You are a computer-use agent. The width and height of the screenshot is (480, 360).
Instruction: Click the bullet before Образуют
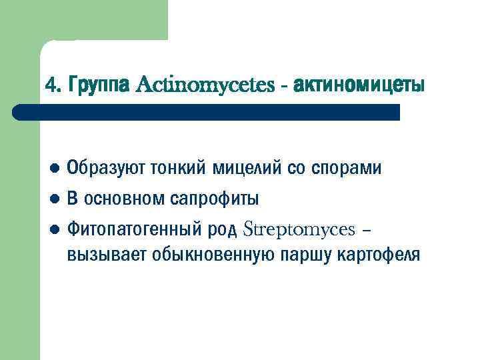click(x=55, y=168)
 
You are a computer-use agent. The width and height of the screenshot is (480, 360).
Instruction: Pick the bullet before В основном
click(x=55, y=199)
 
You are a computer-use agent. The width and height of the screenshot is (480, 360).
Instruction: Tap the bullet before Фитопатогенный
click(x=55, y=231)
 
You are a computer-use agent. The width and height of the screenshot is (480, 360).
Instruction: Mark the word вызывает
click(x=107, y=255)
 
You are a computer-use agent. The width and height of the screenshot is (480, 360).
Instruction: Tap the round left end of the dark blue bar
click(x=19, y=112)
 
